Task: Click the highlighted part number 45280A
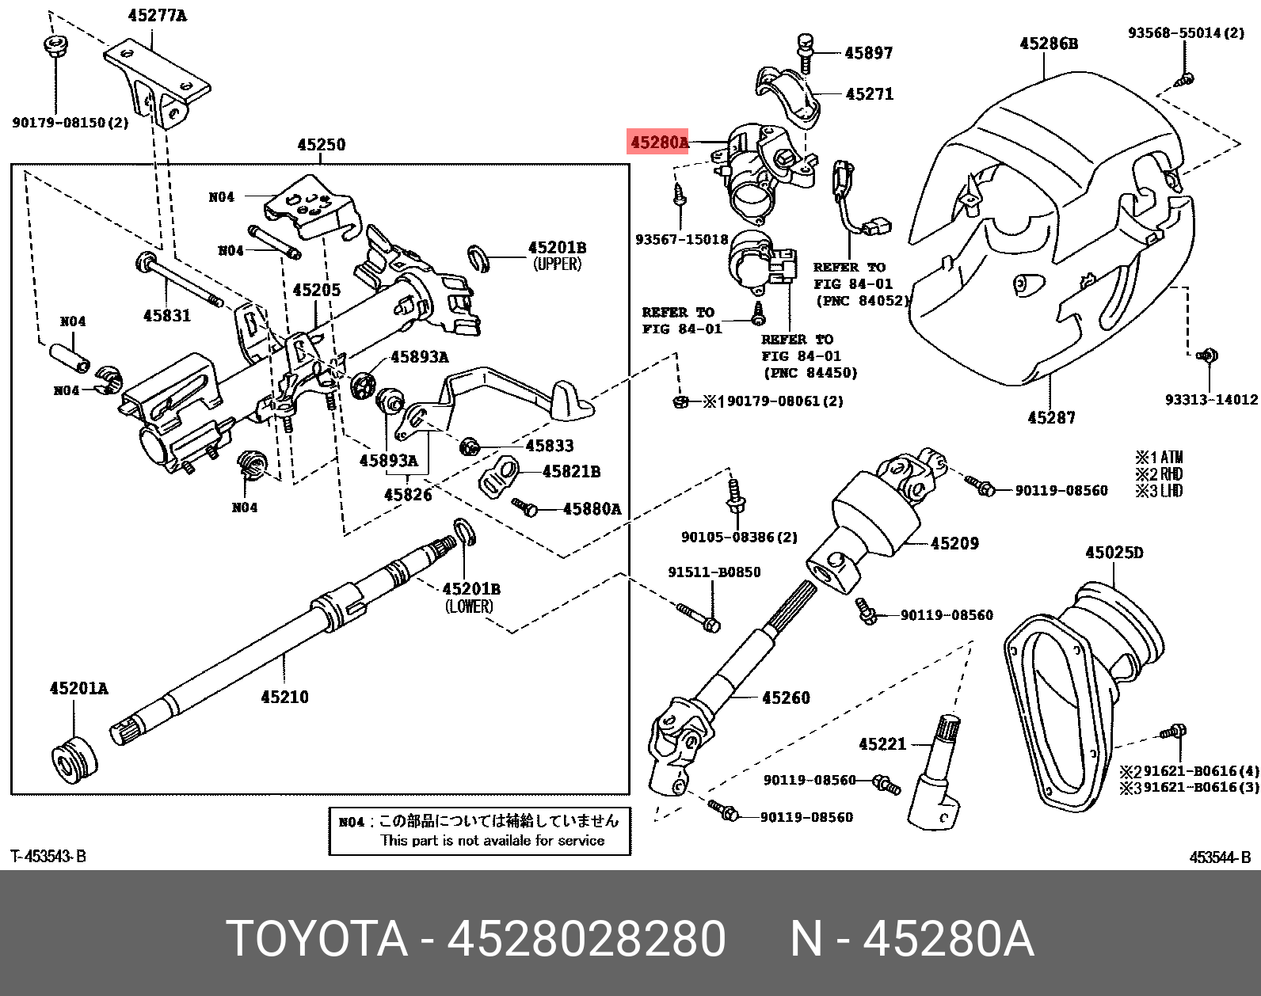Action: (659, 143)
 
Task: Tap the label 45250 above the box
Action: (321, 145)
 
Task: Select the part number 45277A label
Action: (157, 16)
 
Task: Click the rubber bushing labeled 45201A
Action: (74, 758)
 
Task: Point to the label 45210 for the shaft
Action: (284, 697)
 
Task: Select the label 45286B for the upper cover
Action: (1049, 44)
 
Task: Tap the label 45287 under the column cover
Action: (1051, 417)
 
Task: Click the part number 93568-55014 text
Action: (1185, 32)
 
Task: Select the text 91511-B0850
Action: (714, 572)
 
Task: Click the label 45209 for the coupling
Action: (954, 543)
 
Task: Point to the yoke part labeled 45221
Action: (937, 776)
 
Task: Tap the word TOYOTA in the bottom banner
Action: (317, 939)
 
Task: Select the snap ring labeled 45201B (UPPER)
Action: (478, 257)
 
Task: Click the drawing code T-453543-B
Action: (48, 856)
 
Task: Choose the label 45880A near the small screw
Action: (592, 508)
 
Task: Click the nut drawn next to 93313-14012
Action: (1207, 356)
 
